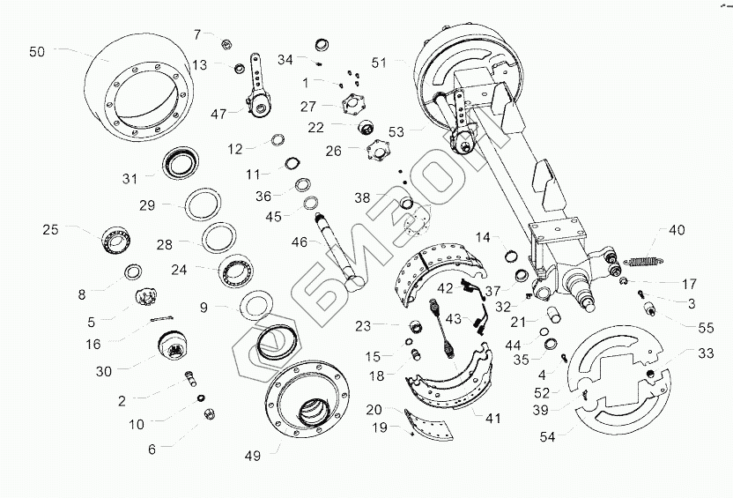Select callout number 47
pos(218,114)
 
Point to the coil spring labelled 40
pos(648,258)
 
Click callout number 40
pos(676,231)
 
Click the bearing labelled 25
pos(115,238)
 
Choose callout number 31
pos(130,178)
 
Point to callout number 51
pos(379,63)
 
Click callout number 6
pos(152,449)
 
